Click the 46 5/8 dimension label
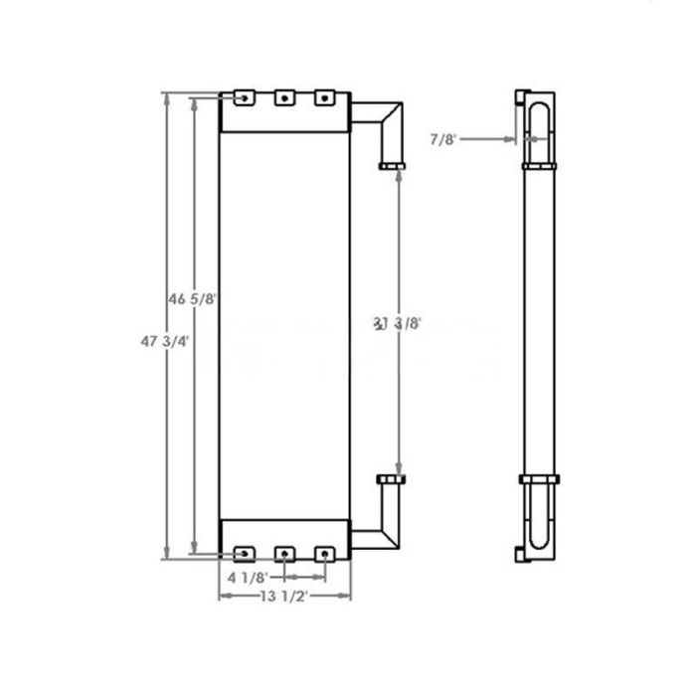[193, 297]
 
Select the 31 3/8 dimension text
[398, 322]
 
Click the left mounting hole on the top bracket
[244, 97]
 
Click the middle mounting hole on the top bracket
[284, 97]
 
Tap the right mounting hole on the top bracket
[322, 97]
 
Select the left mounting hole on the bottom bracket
[244, 553]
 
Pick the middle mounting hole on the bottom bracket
[284, 553]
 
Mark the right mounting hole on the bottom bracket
[322, 553]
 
